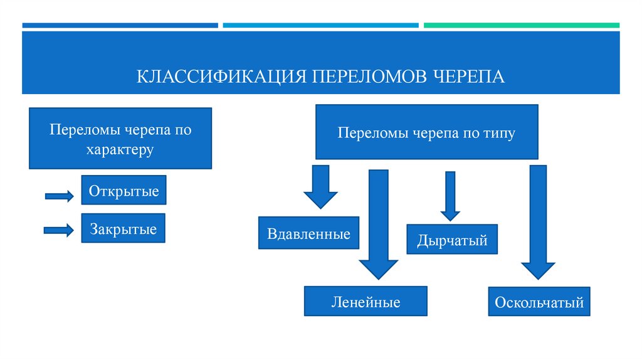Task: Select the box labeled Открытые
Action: pyautogui.click(x=124, y=190)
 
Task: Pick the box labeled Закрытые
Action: pyautogui.click(x=123, y=229)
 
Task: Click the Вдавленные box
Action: pyautogui.click(x=308, y=234)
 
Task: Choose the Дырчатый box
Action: pyautogui.click(x=451, y=240)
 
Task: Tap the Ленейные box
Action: pyautogui.click(x=366, y=302)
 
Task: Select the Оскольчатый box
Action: pyautogui.click(x=539, y=302)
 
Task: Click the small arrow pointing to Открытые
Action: pyautogui.click(x=59, y=196)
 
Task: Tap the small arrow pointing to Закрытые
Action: pyautogui.click(x=58, y=230)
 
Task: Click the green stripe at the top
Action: pyautogui.click(x=521, y=26)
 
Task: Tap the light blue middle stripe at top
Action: pyautogui.click(x=320, y=26)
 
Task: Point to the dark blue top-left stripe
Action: pyautogui.click(x=120, y=26)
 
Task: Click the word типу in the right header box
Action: pyautogui.click(x=499, y=133)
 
